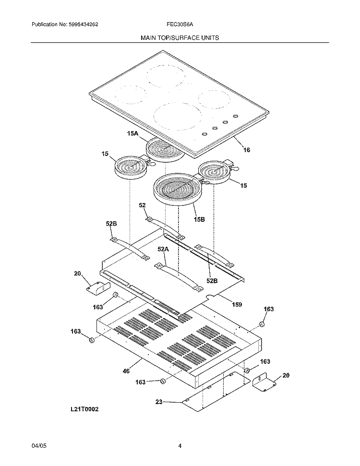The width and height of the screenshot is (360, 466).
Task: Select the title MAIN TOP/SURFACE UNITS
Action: pos(180,37)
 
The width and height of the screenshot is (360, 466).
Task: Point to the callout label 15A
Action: pos(132,134)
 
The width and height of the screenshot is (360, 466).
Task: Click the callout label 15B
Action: pos(199,219)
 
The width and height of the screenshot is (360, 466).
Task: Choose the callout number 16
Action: pos(246,150)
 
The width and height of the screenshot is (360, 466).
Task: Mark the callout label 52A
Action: pos(163,249)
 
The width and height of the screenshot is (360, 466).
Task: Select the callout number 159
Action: pos(237,304)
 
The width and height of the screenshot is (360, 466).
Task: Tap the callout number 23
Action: pos(159,402)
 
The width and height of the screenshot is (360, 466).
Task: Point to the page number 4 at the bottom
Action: pos(180,446)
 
